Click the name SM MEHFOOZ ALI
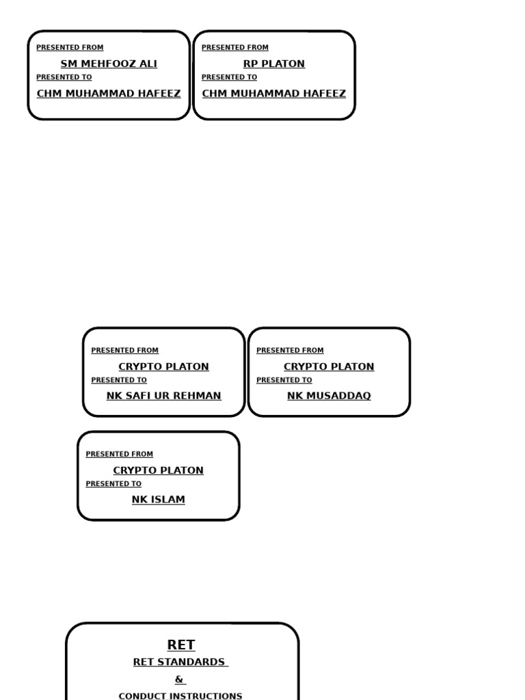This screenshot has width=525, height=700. coord(109,64)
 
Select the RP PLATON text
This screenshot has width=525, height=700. coord(274,64)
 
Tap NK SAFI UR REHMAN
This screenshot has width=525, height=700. coord(164,396)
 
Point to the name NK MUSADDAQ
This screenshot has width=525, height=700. coord(329,396)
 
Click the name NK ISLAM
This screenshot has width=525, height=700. coord(159,500)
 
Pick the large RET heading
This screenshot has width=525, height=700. coord(181,645)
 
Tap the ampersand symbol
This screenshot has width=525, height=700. coord(179,679)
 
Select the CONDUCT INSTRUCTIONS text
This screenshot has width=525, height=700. coord(180,696)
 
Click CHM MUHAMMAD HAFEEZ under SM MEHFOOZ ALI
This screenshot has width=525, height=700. coord(109,94)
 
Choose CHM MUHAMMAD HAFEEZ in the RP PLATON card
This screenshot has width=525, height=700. coord(274,94)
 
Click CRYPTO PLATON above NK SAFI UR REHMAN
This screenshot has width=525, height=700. coord(164,366)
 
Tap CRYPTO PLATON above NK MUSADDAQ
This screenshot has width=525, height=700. coord(329,366)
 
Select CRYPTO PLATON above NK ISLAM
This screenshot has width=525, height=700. coord(159,470)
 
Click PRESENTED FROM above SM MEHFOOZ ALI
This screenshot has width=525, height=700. coord(70,47)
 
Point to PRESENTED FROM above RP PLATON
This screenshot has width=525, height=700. coord(235,47)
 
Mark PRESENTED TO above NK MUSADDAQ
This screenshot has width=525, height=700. coord(284,380)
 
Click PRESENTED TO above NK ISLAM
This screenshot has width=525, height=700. coord(114,484)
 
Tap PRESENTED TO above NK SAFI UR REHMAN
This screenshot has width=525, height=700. coord(119,380)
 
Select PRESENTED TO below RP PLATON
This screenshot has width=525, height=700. coord(230,77)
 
